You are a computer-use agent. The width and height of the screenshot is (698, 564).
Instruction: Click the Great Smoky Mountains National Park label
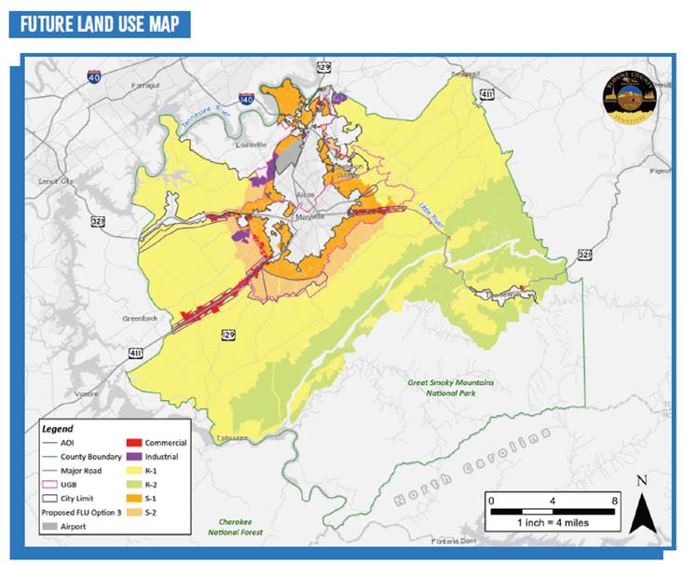coord(450,387)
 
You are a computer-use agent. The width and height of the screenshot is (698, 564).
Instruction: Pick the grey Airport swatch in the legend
coord(53,527)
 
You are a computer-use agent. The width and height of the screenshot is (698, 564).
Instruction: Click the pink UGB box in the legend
coord(53,485)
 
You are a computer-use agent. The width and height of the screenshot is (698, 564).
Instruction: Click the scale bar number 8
coord(613,501)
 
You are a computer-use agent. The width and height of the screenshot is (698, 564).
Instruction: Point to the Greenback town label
coord(140,318)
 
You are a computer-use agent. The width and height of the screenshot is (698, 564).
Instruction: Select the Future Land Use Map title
coord(99,22)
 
